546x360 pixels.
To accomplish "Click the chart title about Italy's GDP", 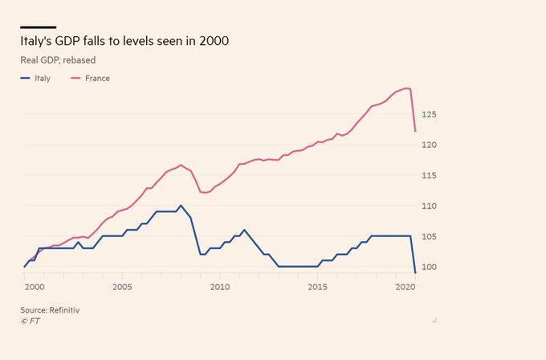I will click(x=128, y=40).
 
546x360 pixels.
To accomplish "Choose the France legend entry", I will click(x=96, y=79).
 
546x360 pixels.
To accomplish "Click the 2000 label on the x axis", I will click(x=33, y=287).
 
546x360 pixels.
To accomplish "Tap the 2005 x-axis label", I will click(x=122, y=287).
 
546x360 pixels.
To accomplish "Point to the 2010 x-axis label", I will click(x=220, y=287).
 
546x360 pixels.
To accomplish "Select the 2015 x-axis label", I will click(x=318, y=287).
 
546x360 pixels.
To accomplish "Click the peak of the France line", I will click(x=407, y=88).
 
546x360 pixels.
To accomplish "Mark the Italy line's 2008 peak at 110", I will click(x=181, y=206).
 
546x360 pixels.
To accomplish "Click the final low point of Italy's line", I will click(x=415, y=273).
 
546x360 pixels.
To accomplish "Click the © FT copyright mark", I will click(x=31, y=321).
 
